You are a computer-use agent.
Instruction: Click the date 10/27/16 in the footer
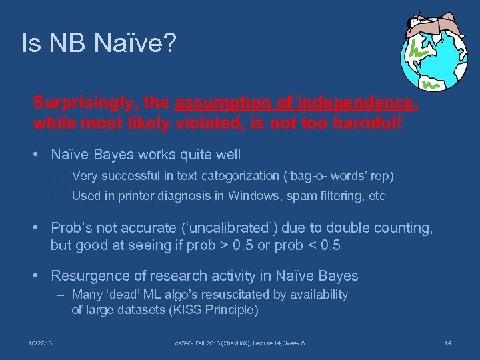41,343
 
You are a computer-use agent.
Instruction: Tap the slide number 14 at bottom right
447,343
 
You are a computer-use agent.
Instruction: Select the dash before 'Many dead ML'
61,295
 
